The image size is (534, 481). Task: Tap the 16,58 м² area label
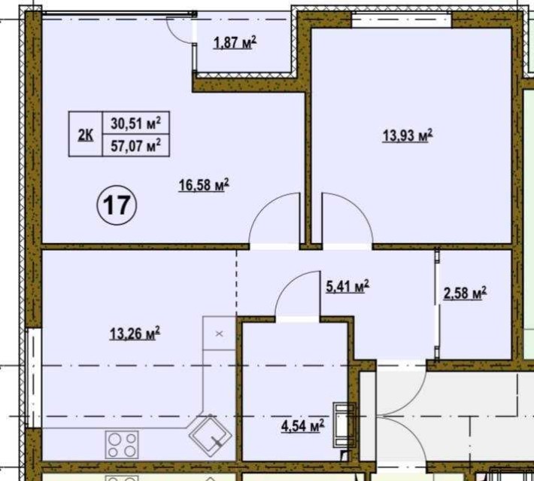(203, 185)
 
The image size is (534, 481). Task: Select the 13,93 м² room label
(408, 136)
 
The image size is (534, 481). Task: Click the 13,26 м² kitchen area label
(135, 334)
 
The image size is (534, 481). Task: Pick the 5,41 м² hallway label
(346, 287)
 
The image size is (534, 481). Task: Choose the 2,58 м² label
(465, 293)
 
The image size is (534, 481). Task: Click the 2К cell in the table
(85, 135)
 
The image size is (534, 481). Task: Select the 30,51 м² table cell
(136, 123)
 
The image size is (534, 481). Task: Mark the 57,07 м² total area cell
(136, 146)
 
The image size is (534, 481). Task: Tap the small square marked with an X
(220, 333)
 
